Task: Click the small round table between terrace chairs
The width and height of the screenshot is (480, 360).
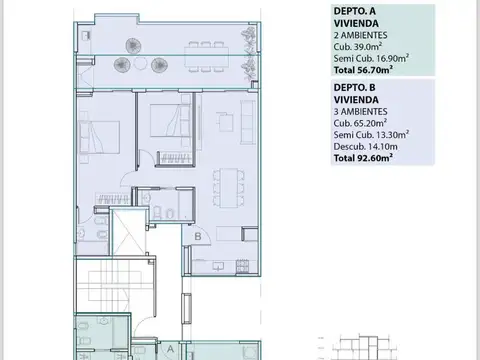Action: coord(141,64)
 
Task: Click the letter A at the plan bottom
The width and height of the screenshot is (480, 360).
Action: coord(170,349)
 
